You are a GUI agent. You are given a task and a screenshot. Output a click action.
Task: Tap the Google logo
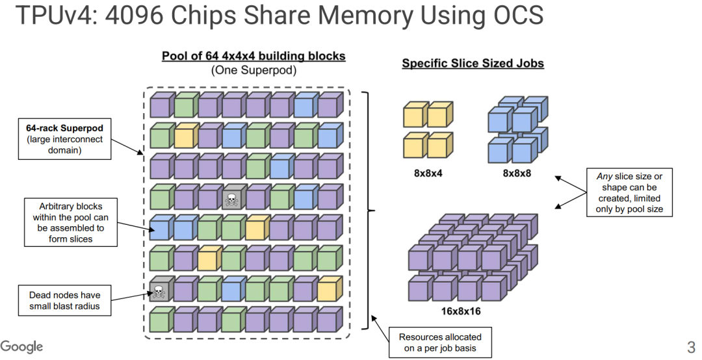(x=21, y=346)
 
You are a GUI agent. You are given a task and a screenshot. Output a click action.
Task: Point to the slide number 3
(x=690, y=346)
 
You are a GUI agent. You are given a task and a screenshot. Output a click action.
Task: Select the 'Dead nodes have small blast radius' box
(x=64, y=300)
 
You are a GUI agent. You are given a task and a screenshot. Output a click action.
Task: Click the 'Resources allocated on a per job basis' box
(x=439, y=342)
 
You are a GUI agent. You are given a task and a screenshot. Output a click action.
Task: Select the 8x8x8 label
(x=517, y=174)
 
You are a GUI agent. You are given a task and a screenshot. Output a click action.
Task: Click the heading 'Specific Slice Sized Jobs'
(x=473, y=63)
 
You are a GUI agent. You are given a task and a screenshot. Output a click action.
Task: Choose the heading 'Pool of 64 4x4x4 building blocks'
(x=253, y=56)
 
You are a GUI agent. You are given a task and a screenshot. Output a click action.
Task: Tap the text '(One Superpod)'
(x=253, y=70)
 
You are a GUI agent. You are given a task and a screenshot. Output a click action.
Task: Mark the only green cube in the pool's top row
(x=185, y=105)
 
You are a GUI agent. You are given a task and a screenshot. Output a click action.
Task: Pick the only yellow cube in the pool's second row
(x=185, y=136)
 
